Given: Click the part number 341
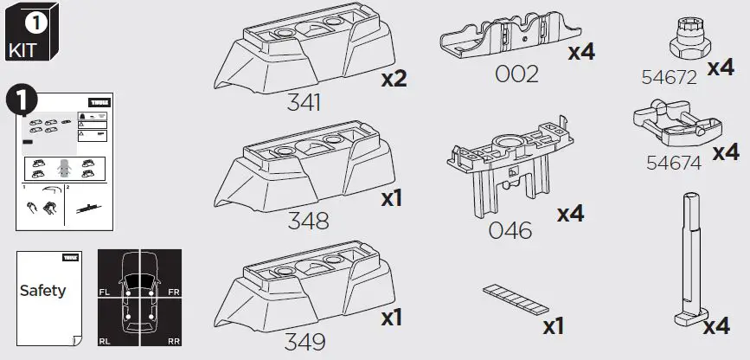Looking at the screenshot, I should click(304, 103).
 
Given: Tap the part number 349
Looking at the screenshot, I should click(305, 341).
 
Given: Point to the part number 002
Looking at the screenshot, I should click(516, 74).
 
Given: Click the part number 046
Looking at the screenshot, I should click(510, 230).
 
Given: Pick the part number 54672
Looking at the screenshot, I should click(669, 77).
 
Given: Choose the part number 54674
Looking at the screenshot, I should click(674, 162).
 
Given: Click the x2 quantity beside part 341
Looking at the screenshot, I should click(394, 80).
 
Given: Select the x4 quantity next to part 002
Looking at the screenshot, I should click(580, 52).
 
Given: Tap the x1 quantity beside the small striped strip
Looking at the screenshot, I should click(553, 327).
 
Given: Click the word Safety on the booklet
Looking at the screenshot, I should click(42, 291).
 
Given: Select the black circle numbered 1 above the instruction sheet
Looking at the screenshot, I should click(20, 100).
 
